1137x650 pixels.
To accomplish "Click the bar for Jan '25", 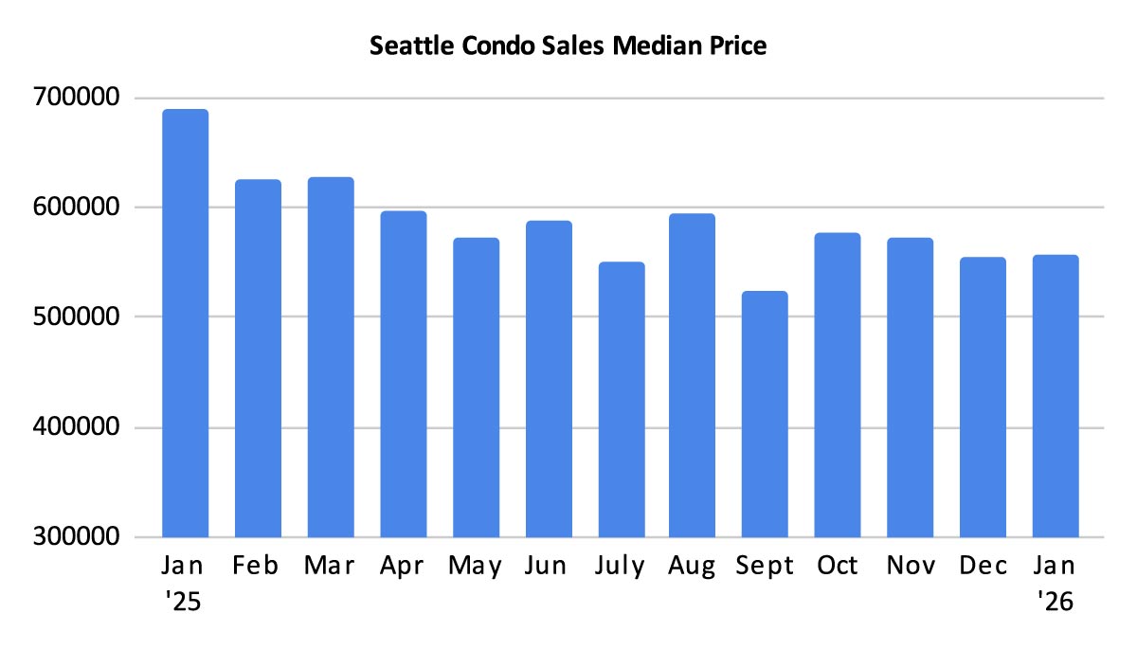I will click(x=186, y=323).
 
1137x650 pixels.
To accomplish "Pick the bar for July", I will click(x=621, y=399).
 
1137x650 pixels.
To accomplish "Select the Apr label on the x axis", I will click(x=403, y=567).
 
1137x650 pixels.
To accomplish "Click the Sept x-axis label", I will click(x=765, y=567).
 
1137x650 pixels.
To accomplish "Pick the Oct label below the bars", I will click(x=838, y=567).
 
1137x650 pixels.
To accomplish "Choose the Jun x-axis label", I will click(x=548, y=567).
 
